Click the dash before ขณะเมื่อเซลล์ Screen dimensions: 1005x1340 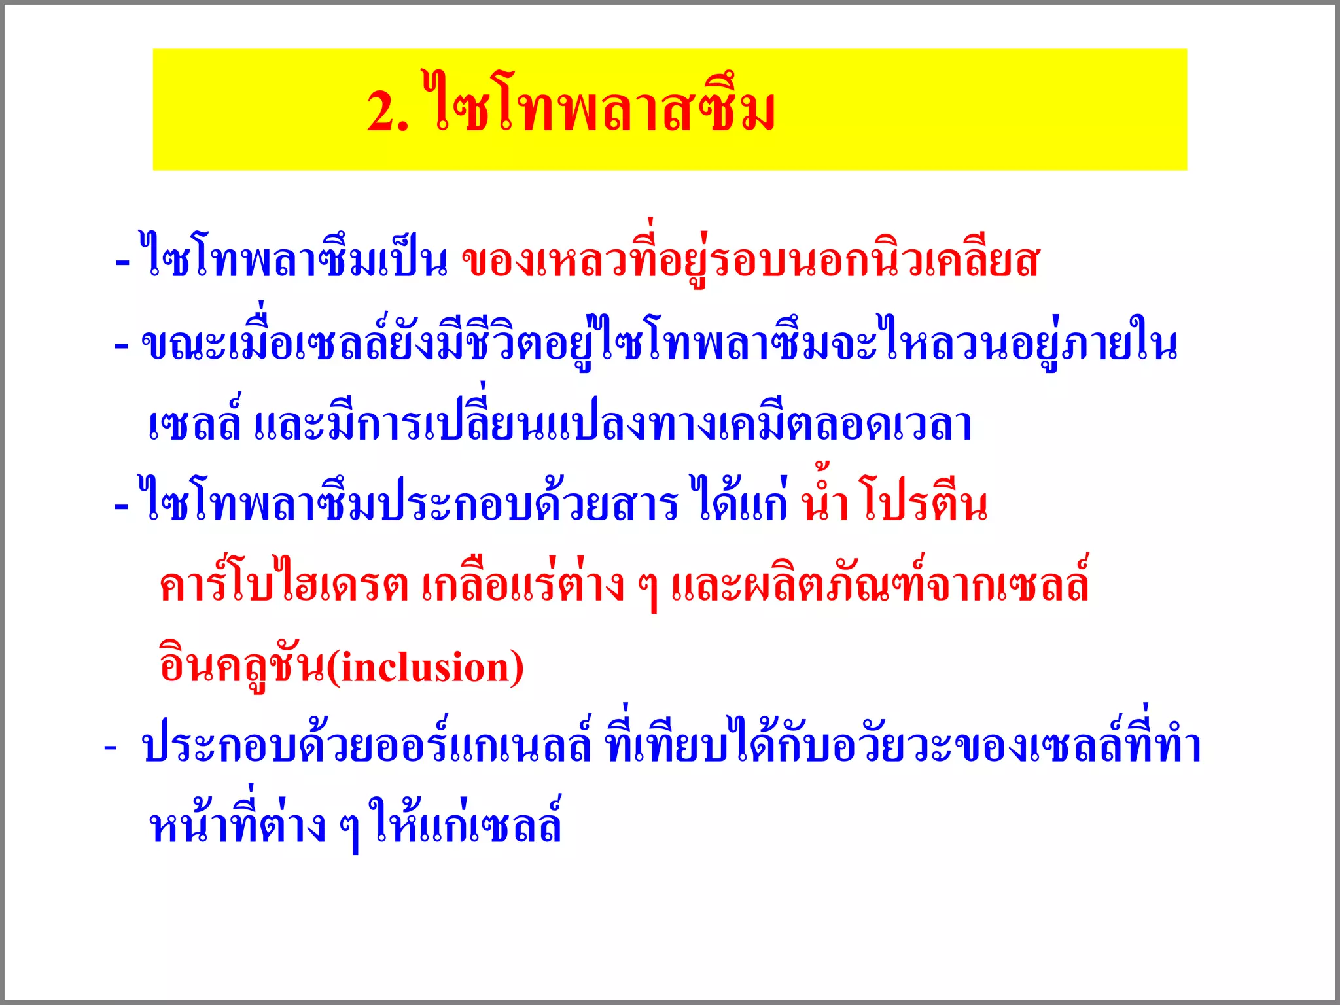point(121,345)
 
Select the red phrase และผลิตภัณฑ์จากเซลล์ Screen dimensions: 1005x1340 point(880,584)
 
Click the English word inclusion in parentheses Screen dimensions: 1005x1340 point(425,668)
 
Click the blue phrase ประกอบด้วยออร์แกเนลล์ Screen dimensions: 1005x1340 point(366,746)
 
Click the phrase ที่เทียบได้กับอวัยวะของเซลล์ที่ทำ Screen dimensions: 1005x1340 point(903,746)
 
